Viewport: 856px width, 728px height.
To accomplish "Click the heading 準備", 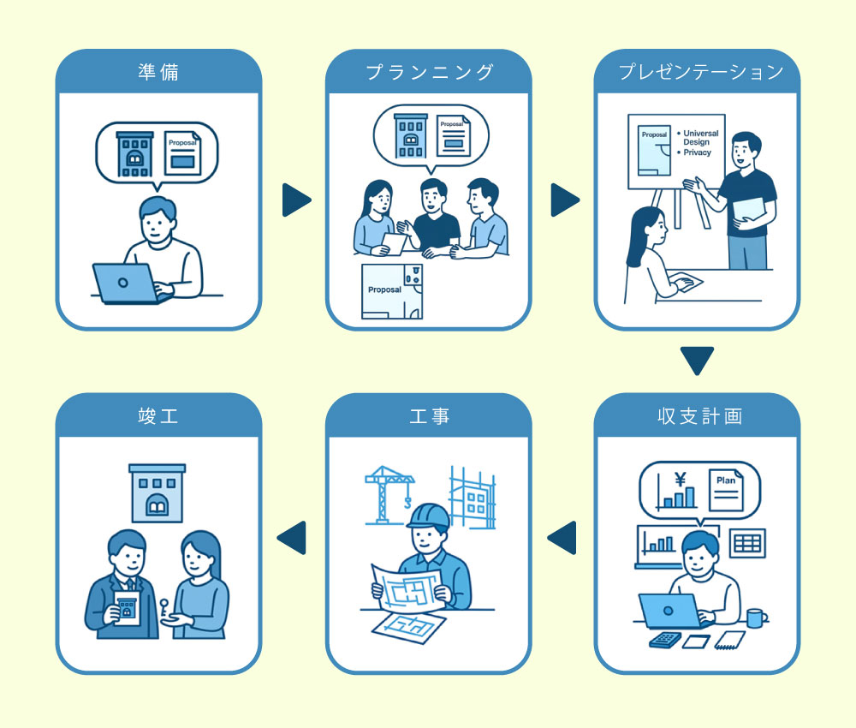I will point(158,72).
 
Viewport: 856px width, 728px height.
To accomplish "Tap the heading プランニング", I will point(429,72).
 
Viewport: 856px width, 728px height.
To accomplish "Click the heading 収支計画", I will point(698,416).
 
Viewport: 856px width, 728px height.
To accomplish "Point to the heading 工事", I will point(429,416).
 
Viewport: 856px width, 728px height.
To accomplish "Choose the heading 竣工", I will point(158,416).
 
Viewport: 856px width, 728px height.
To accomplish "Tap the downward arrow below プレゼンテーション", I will point(698,360).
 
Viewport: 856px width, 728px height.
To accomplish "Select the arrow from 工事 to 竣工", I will point(293,537).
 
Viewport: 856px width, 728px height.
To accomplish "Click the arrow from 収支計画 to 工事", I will point(562,537).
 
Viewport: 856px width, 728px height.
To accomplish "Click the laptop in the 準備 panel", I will point(124,283).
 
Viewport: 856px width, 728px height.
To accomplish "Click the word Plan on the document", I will point(725,480).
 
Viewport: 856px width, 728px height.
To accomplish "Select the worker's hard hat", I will point(428,516).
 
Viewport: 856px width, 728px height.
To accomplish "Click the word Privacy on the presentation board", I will point(697,152).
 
